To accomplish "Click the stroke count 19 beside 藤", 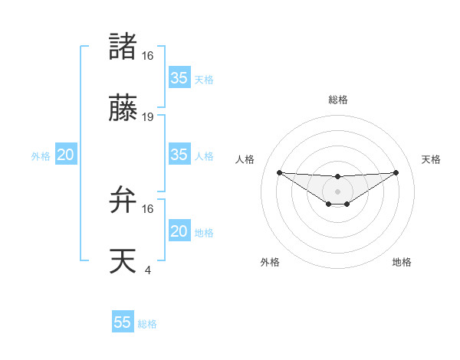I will (x=148, y=117).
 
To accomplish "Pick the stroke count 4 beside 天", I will (x=148, y=270).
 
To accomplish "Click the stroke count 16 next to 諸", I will (x=148, y=56).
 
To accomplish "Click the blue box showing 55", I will (x=123, y=322).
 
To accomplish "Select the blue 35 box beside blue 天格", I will (x=179, y=78).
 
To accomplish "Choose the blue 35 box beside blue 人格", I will (x=179, y=155).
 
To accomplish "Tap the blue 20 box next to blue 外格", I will (x=65, y=155).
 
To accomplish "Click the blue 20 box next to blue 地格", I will (x=179, y=231).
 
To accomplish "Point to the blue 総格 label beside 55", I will (x=147, y=324).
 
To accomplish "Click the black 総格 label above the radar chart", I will (x=337, y=100).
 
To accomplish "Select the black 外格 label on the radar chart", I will (x=270, y=262).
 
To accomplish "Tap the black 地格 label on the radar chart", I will (x=402, y=262).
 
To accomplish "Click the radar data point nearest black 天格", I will (x=396, y=172).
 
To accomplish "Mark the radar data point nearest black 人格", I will (x=279, y=172).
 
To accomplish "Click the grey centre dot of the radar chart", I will (x=337, y=190).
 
